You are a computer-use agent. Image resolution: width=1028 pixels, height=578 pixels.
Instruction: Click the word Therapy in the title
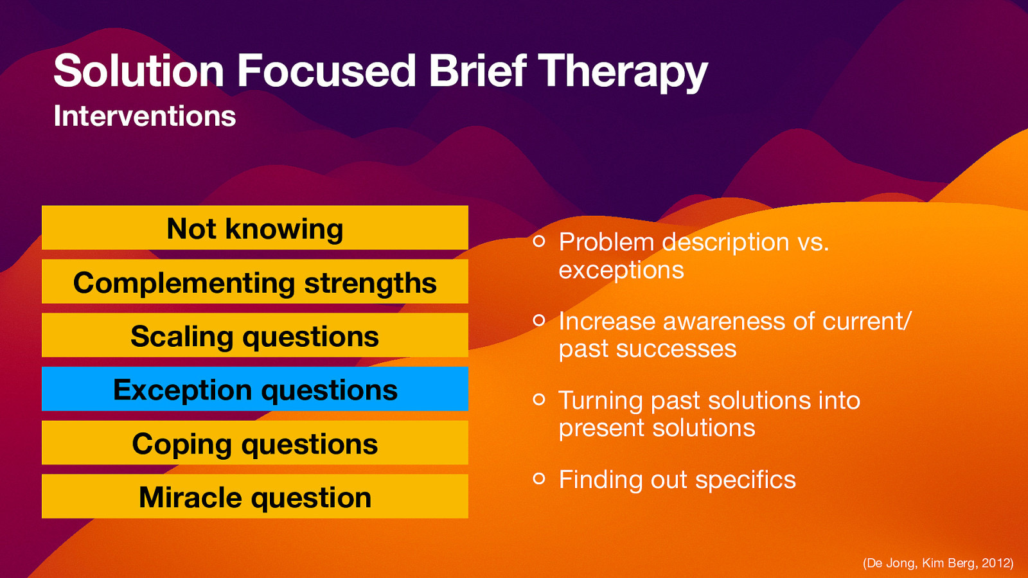(x=622, y=71)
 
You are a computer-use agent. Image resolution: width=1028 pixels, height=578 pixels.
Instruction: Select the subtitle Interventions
(x=145, y=116)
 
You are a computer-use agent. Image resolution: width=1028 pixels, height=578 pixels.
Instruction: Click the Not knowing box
(x=255, y=228)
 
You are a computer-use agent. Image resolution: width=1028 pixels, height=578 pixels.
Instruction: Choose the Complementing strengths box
(x=255, y=282)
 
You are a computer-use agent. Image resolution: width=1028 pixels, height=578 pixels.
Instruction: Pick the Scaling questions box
(x=255, y=335)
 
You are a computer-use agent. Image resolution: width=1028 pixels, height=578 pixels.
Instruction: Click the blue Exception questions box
(x=255, y=389)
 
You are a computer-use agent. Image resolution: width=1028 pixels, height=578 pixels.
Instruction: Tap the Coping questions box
(x=255, y=443)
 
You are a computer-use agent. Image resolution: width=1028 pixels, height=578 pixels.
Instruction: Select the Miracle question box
(x=255, y=496)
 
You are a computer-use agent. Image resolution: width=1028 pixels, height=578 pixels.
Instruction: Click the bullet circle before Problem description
(x=539, y=241)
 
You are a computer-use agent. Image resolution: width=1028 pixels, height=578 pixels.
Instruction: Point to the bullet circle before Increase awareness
(x=539, y=320)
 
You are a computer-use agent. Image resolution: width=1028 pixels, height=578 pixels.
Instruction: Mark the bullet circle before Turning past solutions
(x=539, y=399)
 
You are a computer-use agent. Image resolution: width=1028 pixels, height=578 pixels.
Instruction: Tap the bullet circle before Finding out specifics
(x=539, y=478)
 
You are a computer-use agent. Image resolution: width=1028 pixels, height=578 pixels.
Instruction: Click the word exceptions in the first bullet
(x=621, y=270)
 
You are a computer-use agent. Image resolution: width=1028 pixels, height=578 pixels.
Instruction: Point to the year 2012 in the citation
(x=995, y=563)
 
